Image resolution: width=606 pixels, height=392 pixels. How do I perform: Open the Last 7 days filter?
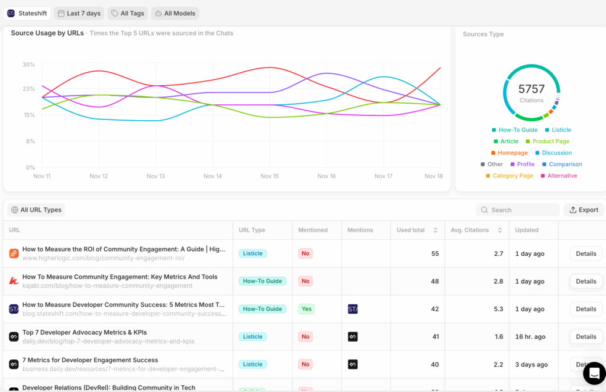pos(79,13)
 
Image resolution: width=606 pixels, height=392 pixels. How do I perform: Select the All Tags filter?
pos(127,13)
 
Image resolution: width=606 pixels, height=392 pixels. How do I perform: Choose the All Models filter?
pos(175,13)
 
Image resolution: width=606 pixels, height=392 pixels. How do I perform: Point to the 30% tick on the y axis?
pos(28,65)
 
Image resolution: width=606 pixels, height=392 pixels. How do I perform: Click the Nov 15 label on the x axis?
pos(269,176)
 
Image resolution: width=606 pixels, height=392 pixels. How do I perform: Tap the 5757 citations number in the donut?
pos(531,89)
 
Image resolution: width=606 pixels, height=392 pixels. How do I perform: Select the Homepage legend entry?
pos(512,153)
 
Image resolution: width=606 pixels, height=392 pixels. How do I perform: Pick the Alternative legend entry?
pos(562,176)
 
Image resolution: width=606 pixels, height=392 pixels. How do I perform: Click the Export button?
pos(584,210)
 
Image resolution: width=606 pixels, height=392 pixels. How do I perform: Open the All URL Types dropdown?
pos(36,210)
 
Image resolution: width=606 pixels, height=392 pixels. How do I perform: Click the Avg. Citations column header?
pos(470,230)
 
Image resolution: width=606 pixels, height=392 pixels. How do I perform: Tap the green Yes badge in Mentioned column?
pos(306,309)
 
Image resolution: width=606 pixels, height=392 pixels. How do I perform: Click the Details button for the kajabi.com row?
pos(586,281)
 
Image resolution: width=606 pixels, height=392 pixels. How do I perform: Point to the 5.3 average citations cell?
pos(498,309)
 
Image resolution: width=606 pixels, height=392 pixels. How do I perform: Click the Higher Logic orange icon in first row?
pos(14,253)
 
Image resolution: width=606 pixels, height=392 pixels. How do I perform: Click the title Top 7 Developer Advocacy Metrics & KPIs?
pos(85,332)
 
